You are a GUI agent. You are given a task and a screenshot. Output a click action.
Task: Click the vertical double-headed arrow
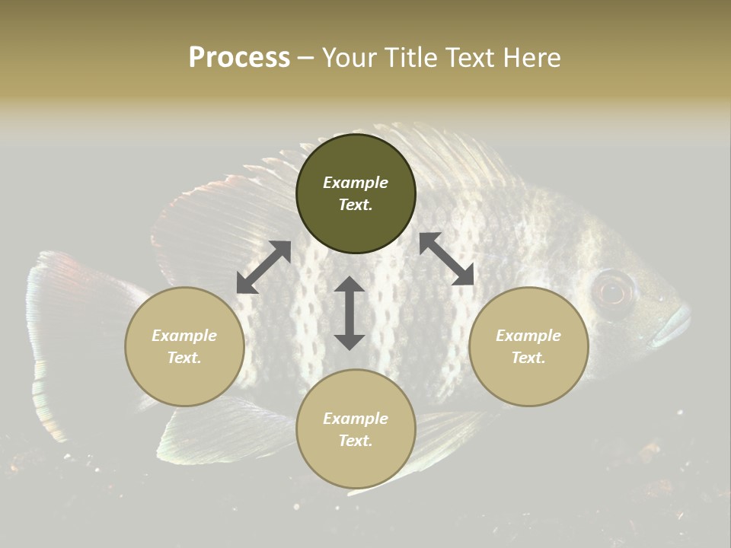(350, 313)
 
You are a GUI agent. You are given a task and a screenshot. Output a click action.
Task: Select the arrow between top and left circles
(263, 267)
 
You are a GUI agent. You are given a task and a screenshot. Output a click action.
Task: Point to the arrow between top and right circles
(447, 259)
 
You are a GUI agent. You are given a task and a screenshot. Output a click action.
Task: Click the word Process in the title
(239, 58)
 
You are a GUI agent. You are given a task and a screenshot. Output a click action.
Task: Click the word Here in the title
(532, 58)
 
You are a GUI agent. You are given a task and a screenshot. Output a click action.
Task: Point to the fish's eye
(614, 292)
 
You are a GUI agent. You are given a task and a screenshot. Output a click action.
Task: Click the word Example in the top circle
(356, 183)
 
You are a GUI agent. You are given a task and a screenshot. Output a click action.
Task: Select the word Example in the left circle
(184, 336)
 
